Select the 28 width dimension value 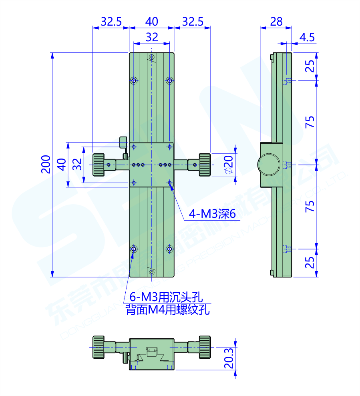276,21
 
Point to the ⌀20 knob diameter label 229,164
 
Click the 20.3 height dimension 228,358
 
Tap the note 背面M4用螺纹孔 168,310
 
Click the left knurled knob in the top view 99,165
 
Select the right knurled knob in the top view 205,165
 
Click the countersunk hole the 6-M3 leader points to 134,249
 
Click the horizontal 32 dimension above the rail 152,37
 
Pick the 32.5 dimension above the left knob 111,21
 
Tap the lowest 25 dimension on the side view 310,263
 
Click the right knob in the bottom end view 205,347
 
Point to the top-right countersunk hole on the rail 170,81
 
